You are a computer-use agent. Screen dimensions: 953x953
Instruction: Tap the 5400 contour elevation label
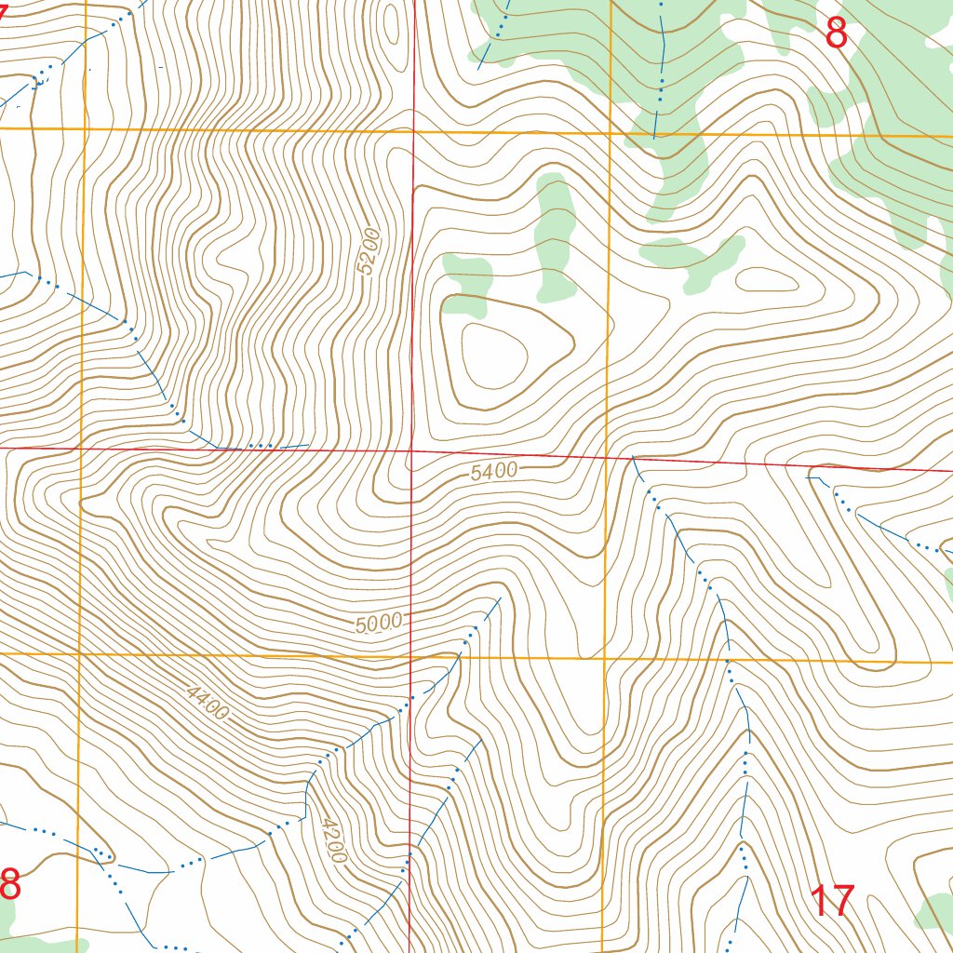[493, 472]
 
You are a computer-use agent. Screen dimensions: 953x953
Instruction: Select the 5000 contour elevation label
[378, 623]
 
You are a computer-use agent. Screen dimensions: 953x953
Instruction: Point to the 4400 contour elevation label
[207, 704]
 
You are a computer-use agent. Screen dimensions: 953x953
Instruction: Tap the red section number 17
[832, 901]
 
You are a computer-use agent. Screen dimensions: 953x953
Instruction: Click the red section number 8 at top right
[836, 34]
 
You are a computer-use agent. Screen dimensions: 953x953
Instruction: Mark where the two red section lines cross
[412, 450]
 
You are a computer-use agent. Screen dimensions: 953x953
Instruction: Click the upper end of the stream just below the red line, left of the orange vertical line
[633, 457]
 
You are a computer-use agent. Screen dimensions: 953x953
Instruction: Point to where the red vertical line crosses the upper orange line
[413, 132]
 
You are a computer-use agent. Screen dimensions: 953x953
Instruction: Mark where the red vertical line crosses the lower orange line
[411, 655]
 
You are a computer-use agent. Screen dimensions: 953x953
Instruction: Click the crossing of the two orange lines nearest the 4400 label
[79, 653]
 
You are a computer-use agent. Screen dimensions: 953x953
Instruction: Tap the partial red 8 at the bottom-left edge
[8, 884]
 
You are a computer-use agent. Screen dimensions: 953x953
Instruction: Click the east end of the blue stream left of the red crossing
[308, 445]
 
